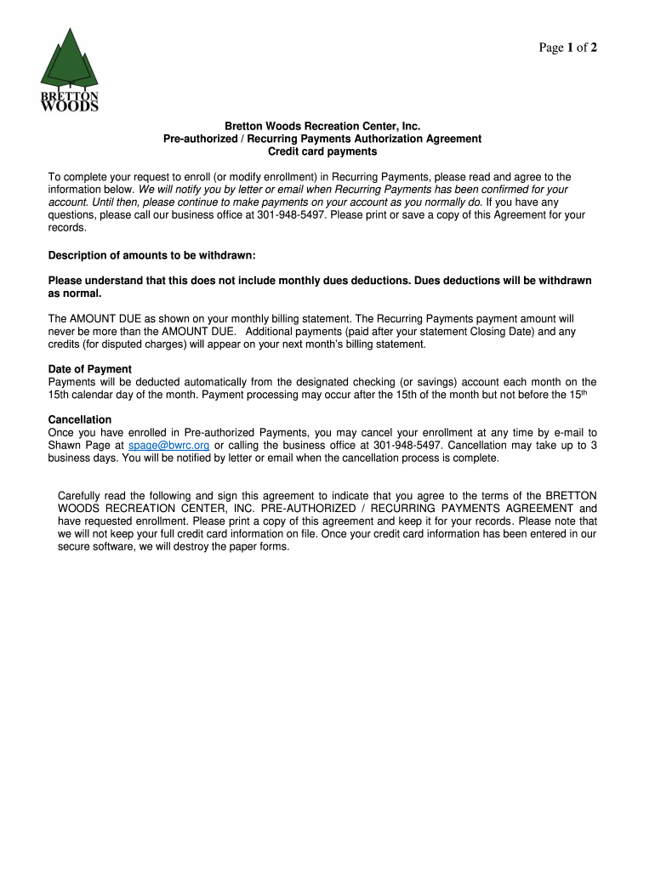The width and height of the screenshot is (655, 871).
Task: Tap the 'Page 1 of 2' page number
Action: [567, 48]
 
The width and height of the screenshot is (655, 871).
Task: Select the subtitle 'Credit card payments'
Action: [322, 151]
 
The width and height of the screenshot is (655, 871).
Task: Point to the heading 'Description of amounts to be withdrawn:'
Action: [151, 255]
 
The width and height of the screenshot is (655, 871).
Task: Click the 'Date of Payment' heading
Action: [89, 369]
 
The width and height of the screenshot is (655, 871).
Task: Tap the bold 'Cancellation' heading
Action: [80, 420]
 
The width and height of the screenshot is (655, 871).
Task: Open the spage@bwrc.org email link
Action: [168, 445]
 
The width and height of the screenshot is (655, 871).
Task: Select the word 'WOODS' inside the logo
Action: [70, 106]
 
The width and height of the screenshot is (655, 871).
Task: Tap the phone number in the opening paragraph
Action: [292, 215]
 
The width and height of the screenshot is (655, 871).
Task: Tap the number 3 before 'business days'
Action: [593, 445]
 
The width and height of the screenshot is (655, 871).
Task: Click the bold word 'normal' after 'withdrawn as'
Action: [82, 293]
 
